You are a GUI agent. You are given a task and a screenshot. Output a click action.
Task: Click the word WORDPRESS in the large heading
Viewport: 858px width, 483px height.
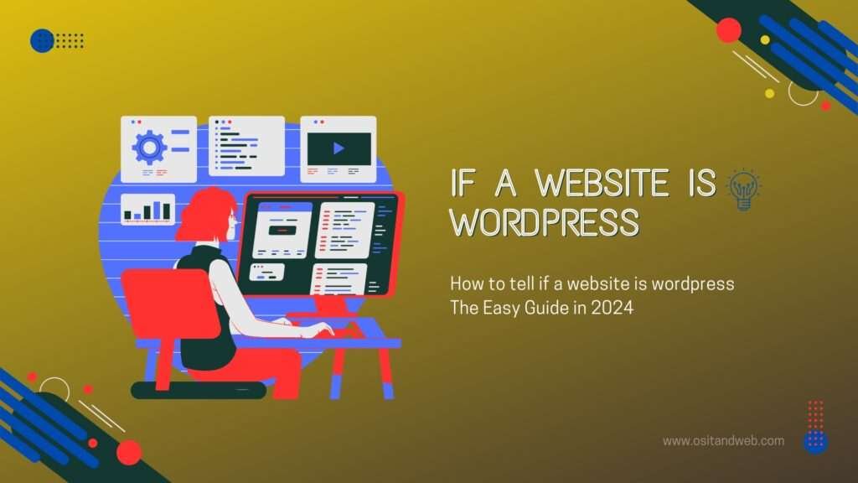click(545, 223)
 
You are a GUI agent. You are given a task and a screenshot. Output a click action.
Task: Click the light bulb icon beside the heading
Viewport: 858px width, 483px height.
click(742, 190)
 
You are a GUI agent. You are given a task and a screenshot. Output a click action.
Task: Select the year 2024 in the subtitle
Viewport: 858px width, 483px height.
click(612, 308)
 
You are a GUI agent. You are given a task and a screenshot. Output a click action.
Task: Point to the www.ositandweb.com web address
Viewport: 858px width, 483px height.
click(723, 440)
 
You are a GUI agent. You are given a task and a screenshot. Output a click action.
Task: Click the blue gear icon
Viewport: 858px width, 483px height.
click(150, 148)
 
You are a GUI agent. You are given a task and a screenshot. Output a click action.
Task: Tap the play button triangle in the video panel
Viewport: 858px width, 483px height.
click(339, 148)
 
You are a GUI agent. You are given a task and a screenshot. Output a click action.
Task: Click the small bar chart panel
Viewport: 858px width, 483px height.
click(147, 210)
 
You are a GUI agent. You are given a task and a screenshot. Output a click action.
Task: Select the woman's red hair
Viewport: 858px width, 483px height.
click(204, 215)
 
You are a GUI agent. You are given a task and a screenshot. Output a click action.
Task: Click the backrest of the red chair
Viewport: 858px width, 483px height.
click(158, 302)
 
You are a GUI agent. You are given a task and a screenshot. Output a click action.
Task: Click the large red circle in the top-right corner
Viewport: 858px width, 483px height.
click(729, 30)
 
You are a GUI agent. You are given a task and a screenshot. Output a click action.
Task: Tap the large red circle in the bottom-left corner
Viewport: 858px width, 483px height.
click(128, 452)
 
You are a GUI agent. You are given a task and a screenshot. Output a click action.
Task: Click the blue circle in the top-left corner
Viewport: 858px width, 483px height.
click(42, 40)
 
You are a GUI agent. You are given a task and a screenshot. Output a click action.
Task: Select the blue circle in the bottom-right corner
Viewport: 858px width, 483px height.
click(815, 442)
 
